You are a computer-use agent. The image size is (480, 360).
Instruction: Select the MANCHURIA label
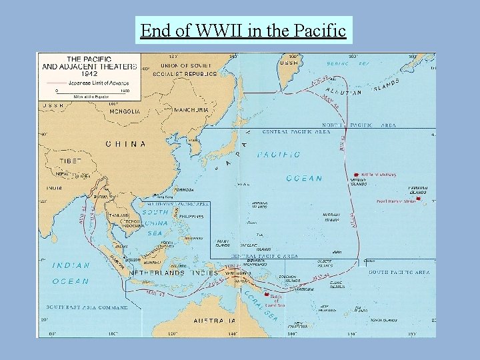coord(191,109)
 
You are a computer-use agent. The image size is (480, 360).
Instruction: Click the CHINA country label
coord(125,143)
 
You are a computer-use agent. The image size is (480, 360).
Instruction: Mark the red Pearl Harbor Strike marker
coord(418,198)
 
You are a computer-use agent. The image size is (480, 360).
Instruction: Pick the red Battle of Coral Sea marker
coord(267,295)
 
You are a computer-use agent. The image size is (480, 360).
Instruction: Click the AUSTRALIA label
coord(215,321)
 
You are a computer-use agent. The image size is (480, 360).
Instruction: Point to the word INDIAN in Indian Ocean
coord(71,265)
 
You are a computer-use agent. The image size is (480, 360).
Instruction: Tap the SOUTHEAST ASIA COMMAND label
coord(86,307)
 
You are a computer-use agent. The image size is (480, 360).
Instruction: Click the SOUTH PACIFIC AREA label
coord(399,272)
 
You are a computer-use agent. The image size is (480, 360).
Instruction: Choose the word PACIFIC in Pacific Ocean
coord(279,155)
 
